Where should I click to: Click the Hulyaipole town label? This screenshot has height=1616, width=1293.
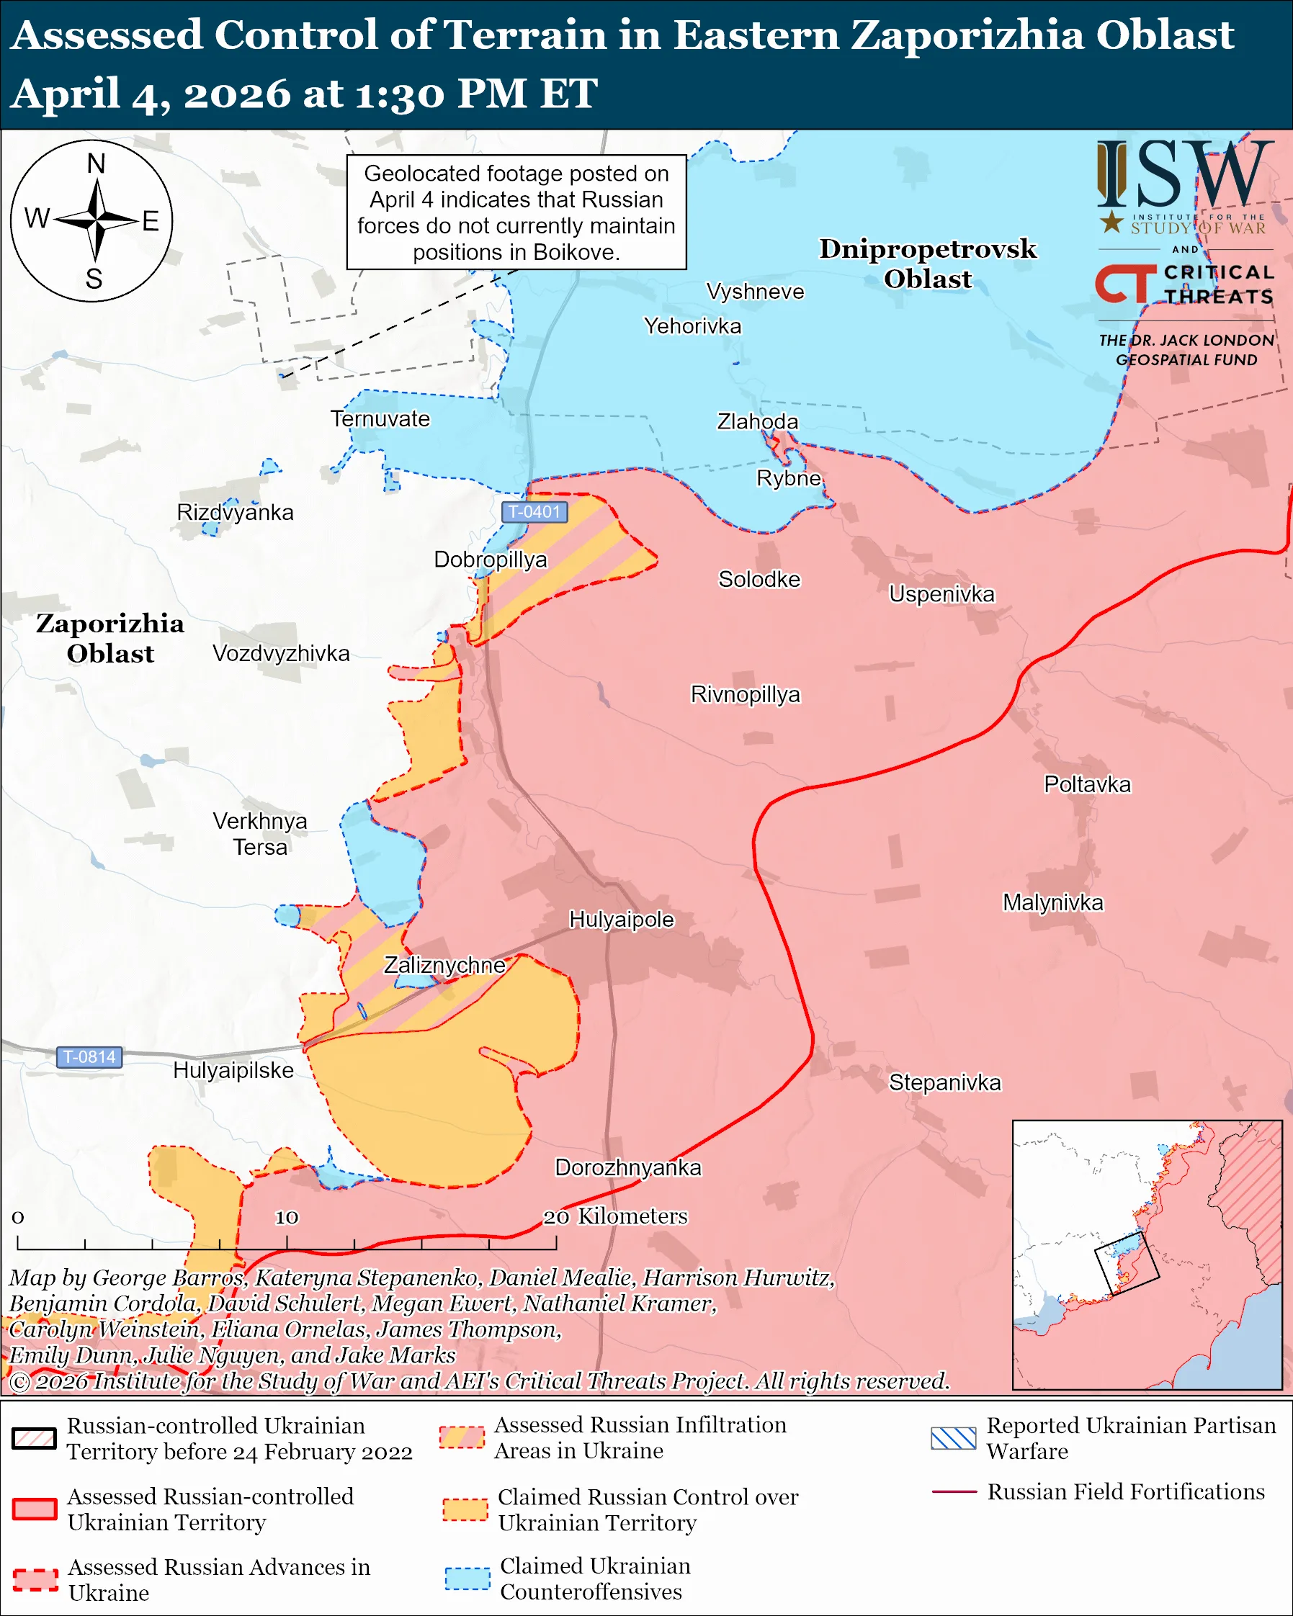click(x=622, y=920)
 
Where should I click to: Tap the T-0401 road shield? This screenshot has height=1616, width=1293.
click(x=534, y=512)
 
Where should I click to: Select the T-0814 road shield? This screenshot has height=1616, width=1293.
click(x=89, y=1057)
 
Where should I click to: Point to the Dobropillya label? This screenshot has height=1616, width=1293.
click(x=491, y=560)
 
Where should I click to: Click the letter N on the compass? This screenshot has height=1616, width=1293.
click(x=96, y=163)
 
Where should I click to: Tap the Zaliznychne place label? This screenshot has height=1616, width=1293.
click(x=444, y=965)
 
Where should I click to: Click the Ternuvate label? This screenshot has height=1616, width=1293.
click(x=380, y=419)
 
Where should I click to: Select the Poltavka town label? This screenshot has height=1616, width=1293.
click(x=1087, y=785)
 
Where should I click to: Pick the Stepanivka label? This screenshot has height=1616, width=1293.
click(x=944, y=1082)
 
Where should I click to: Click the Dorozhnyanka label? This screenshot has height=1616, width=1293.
click(x=628, y=1168)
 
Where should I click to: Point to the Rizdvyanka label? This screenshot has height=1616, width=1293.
click(x=235, y=513)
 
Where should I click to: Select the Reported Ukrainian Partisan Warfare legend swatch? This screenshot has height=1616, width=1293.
click(x=953, y=1438)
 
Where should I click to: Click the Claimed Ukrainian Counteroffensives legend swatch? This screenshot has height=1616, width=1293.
click(x=467, y=1579)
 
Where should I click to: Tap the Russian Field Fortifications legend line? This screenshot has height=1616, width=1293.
click(x=954, y=1492)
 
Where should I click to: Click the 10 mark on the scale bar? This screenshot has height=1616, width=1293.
click(x=287, y=1217)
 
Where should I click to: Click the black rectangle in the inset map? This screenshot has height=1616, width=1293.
click(x=1127, y=1263)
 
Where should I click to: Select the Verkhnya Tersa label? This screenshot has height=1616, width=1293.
click(x=259, y=834)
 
